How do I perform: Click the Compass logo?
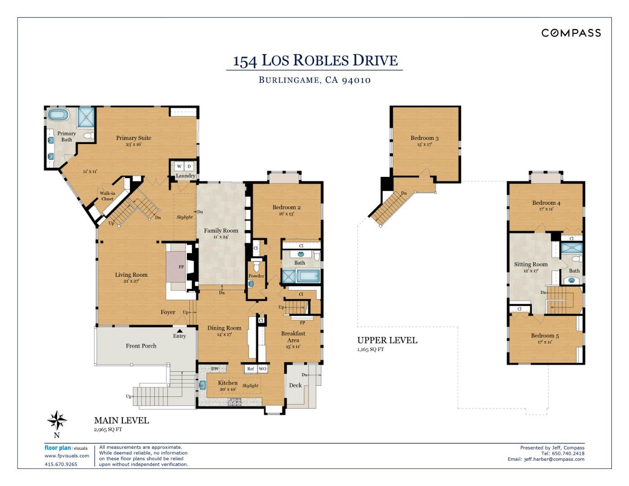571,33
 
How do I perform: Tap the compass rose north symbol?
57,420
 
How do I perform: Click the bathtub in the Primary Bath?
58,115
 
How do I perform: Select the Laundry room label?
185,175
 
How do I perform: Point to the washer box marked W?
179,166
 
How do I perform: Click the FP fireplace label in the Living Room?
181,267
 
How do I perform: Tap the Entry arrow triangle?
180,331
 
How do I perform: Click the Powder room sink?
251,284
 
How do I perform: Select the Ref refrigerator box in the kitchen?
251,369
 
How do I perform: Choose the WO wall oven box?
263,369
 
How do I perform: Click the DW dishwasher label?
215,369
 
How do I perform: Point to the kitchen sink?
202,385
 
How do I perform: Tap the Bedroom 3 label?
424,138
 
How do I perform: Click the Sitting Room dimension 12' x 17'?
531,271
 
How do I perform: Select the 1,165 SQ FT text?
371,349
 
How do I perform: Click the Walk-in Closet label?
107,196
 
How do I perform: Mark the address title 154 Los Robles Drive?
315,60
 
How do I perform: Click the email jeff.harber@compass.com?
554,459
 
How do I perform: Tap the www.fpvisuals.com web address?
67,455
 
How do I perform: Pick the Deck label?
295,385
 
